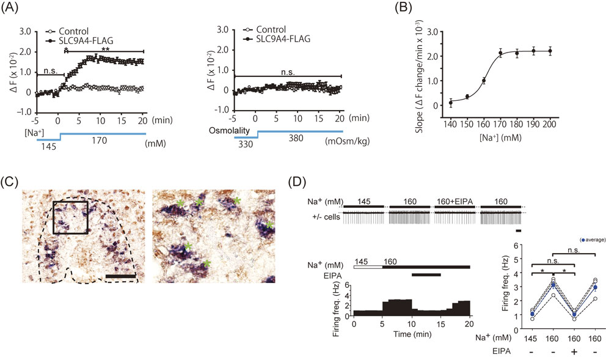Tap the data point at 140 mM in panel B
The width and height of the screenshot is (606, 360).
tap(451, 103)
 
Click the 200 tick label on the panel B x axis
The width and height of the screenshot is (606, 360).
tap(550, 124)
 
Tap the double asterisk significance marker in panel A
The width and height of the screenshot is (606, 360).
tap(105, 49)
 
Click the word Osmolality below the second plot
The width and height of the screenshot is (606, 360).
tap(230, 131)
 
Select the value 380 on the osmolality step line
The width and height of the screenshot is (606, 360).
tap(296, 138)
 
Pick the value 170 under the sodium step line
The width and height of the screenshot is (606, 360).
tap(99, 139)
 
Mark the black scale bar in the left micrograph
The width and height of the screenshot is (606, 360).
tap(120, 276)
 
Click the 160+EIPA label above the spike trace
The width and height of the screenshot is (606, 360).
tap(455, 202)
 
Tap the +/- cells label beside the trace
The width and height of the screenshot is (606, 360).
tap(326, 216)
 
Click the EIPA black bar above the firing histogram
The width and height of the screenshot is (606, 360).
tap(426, 275)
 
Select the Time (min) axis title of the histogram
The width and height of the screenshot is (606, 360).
tap(412, 334)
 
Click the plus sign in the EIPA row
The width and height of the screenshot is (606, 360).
tap(574, 351)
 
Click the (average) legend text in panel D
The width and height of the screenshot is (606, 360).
tap(593, 240)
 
